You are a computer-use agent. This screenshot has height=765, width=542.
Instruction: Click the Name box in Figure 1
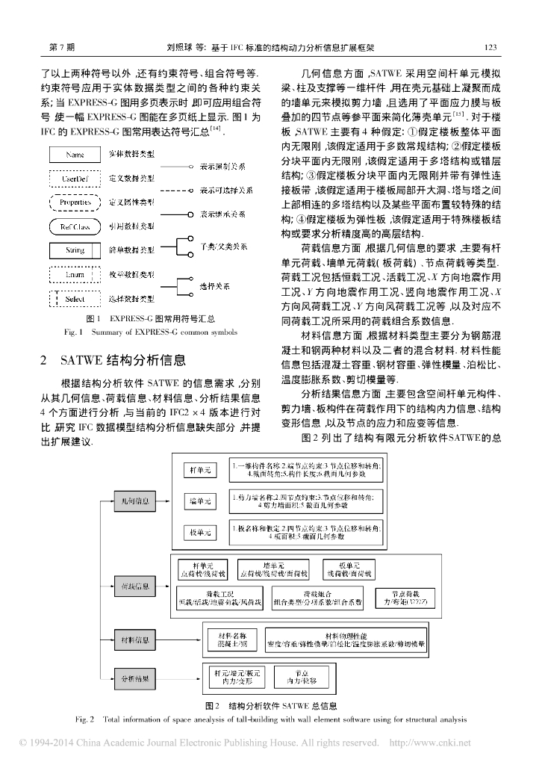coord(75,155)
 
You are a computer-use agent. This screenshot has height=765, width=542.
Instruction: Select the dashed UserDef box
coord(75,179)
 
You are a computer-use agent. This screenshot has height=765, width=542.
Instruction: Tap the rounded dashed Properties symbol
coord(75,202)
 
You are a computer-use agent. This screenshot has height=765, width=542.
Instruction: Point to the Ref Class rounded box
coord(75,226)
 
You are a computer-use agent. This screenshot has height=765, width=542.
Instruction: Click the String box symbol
coord(75,251)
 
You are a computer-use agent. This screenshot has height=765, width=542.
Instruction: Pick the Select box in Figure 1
coord(75,299)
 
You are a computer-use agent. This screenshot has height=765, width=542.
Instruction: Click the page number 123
coord(490,47)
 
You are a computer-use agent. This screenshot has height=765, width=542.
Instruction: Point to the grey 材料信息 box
coord(134,639)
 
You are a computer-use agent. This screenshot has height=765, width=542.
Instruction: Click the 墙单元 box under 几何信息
coord(201,501)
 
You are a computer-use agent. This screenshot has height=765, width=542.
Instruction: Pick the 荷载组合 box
coord(317,595)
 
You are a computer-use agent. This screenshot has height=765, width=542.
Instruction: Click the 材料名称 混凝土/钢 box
coord(231,639)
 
